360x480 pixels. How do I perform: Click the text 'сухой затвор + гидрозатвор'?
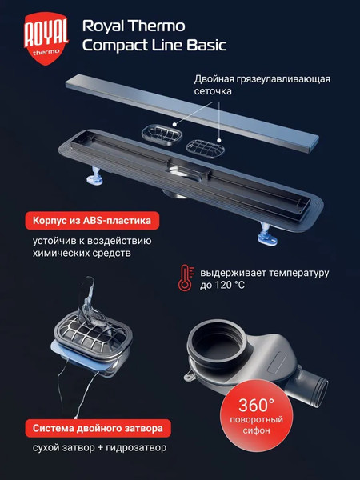(100, 448)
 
